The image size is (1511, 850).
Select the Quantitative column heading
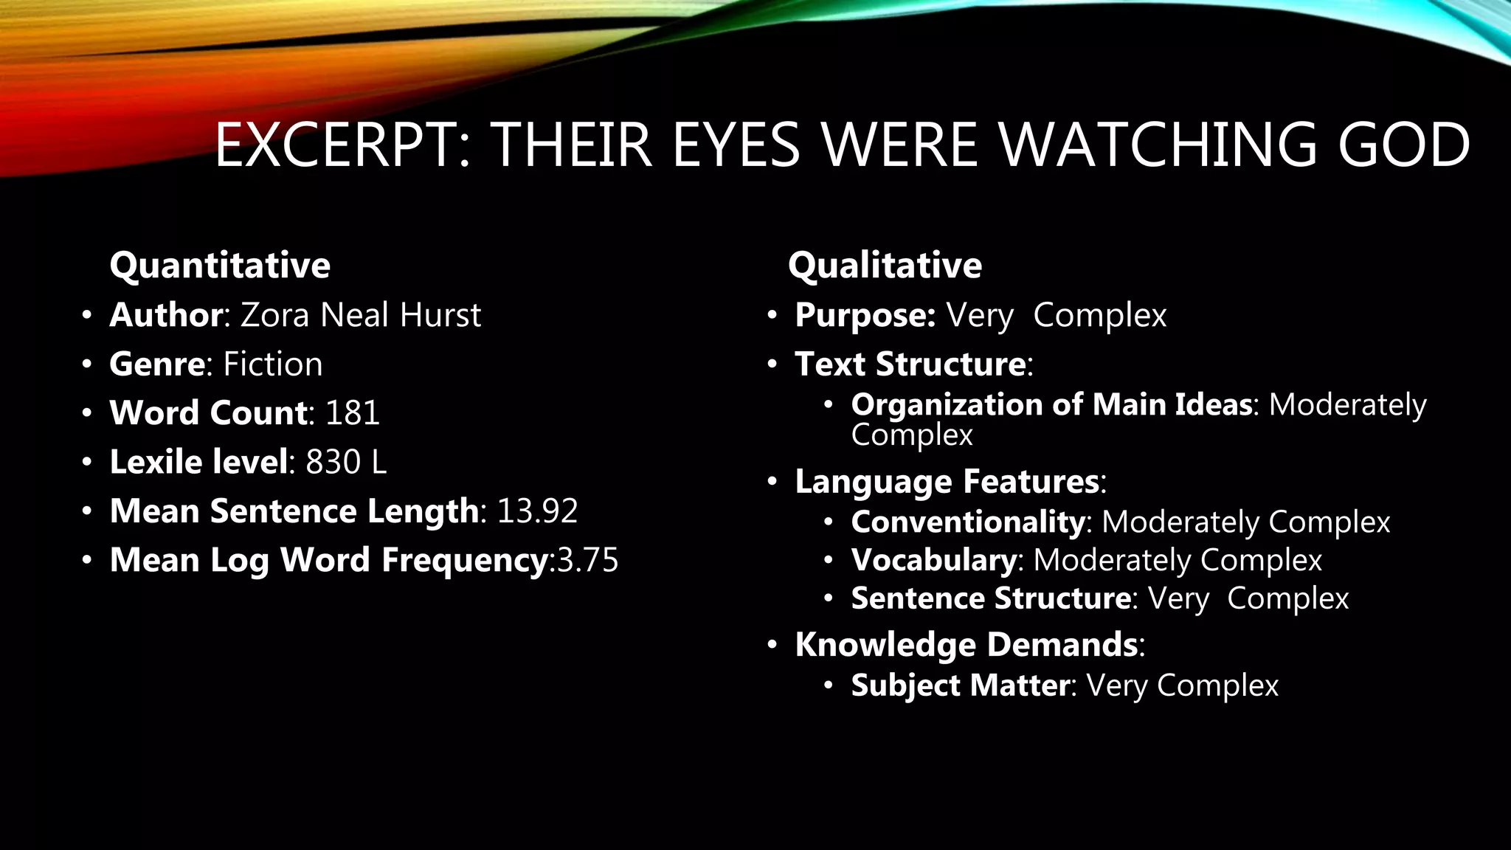pos(220,265)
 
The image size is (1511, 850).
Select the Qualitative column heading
pos(885,265)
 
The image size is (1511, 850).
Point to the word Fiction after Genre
pos(273,364)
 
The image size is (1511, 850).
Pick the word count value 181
pos(353,413)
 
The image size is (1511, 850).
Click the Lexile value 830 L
pos(346,463)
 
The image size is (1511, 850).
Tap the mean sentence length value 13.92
pos(537,511)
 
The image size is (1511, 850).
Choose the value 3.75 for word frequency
pos(588,560)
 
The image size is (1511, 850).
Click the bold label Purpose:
pos(865,315)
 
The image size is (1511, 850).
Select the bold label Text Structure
pos(910,364)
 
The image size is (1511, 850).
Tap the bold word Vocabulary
pos(934,560)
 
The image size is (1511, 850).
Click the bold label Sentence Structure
pos(991,598)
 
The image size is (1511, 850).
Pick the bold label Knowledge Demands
pos(967,645)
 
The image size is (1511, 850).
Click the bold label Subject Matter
pos(960,685)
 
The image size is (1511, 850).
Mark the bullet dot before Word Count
pos(87,413)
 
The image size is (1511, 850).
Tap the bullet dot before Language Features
pos(772,482)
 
